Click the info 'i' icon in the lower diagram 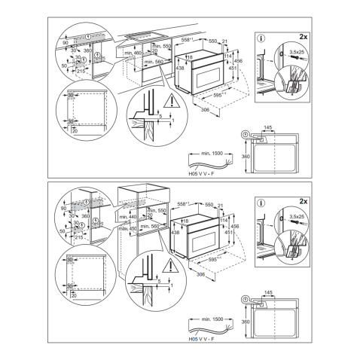pyautogui.click(x=260, y=203)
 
